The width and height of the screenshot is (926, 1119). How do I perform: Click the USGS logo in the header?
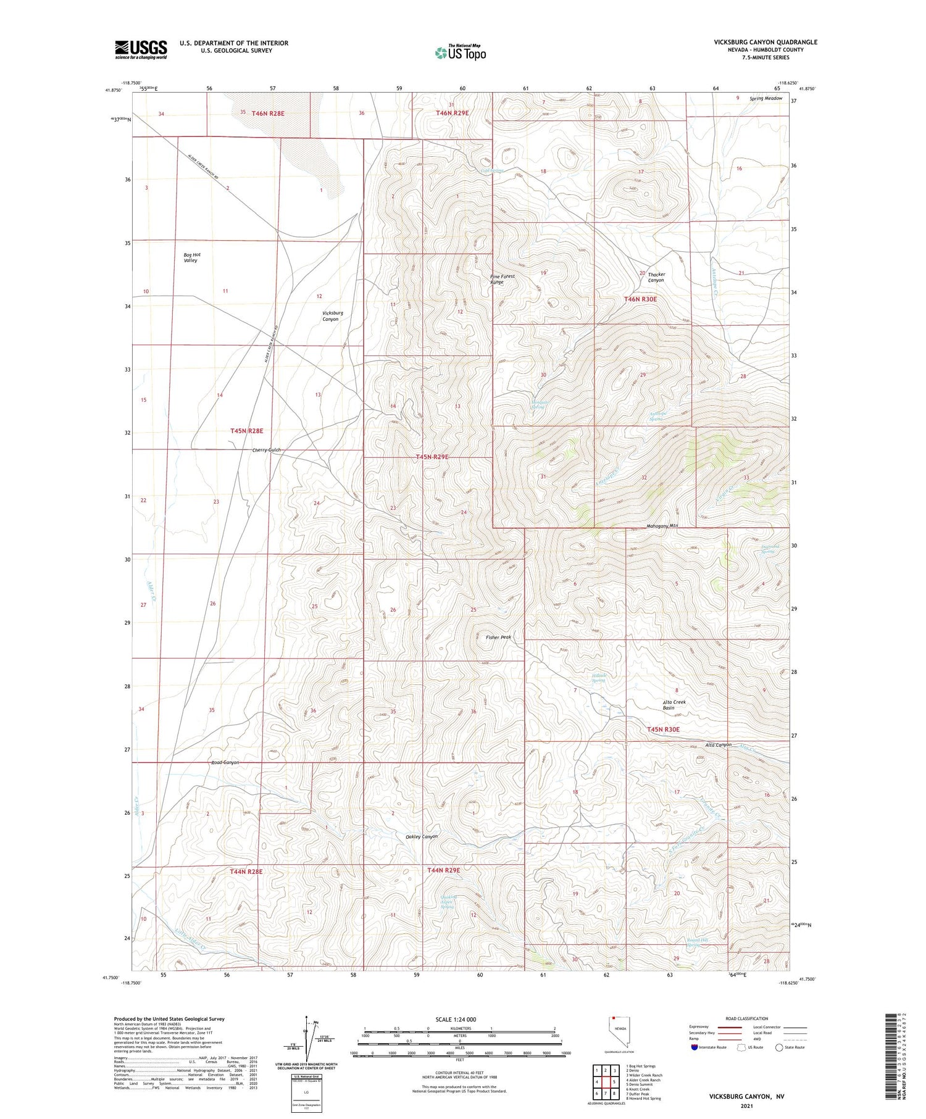coord(141,49)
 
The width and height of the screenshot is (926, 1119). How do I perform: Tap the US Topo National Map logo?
coord(461,52)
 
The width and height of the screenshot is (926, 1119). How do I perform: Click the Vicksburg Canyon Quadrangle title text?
coord(765,42)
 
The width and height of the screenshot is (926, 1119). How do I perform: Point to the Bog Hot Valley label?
coord(192,257)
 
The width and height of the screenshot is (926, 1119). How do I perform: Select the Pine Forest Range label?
coord(501,279)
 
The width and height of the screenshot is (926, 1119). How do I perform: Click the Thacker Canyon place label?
coord(656,277)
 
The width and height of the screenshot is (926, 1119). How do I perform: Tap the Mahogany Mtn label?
coord(662,526)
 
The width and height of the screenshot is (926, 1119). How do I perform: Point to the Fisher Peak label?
coord(498,637)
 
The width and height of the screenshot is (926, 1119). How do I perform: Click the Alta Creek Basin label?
coord(674,705)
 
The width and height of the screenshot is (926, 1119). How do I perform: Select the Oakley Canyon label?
coord(422,836)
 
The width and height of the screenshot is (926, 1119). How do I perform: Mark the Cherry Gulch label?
coord(266,450)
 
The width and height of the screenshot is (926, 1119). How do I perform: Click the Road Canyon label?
coord(225,762)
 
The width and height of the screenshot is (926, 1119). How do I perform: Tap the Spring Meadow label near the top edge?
coord(765,99)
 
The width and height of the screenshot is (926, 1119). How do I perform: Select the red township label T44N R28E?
coord(246,871)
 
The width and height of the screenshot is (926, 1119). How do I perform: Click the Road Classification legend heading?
coord(746,1018)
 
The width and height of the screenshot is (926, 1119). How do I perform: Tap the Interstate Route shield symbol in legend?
coord(694,1047)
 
